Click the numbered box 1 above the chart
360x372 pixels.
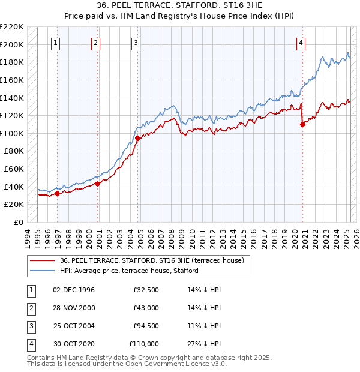coord(55,43)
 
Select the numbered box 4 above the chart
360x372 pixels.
coord(300,43)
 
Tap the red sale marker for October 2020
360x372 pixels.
coord(302,125)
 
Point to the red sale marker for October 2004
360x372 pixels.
coord(138,139)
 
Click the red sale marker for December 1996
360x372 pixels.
coord(58,193)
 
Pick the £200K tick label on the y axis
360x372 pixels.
coord(12,44)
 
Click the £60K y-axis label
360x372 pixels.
coord(14,169)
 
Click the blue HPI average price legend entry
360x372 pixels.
coord(128,271)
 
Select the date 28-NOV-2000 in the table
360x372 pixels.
coord(74,308)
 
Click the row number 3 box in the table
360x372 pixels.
coord(30,326)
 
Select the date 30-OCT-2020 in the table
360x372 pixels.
coord(74,344)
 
